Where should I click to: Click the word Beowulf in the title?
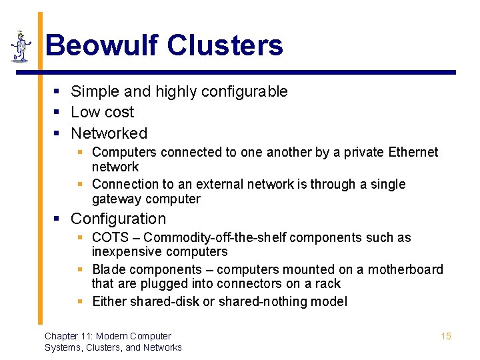coord(102,45)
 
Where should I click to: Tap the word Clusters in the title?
coord(225,45)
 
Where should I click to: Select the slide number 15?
coord(446,336)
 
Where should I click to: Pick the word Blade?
coord(109,269)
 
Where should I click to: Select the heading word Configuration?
coord(118,219)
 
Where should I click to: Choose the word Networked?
coord(109,133)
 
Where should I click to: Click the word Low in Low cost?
coord(85,112)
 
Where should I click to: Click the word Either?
coord(109,301)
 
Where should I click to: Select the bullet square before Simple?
coord(59,91)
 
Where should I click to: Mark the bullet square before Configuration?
coord(59,219)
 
